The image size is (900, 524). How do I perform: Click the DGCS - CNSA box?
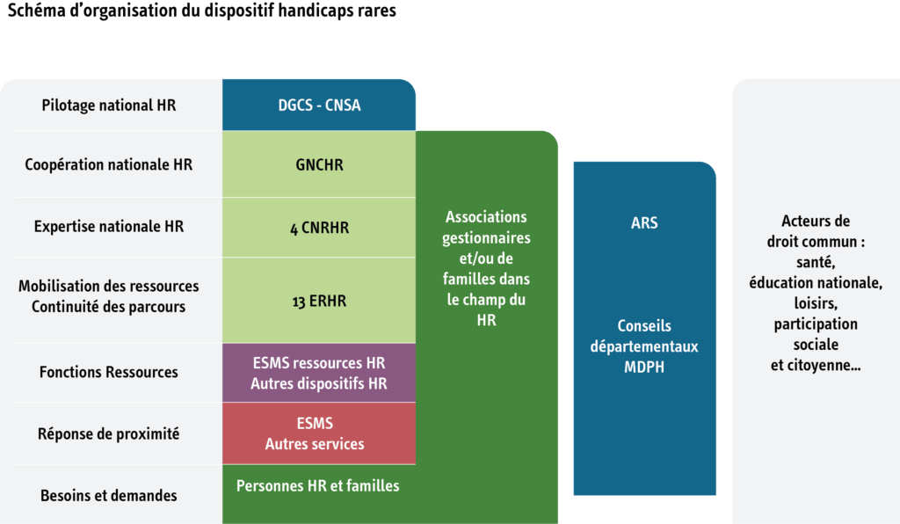[x=319, y=106]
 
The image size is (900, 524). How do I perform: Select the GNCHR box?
[x=319, y=164]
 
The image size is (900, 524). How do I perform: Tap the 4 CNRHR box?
[x=319, y=228]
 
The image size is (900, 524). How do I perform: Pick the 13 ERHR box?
[x=319, y=301]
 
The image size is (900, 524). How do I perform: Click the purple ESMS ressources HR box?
[x=319, y=373]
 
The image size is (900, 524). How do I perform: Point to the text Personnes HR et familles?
[x=318, y=485]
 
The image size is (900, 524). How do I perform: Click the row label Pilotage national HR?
[x=109, y=106]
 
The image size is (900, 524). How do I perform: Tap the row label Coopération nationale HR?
[x=109, y=164]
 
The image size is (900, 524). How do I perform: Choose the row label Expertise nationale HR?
[x=109, y=227]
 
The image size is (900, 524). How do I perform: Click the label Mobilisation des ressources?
[x=109, y=287]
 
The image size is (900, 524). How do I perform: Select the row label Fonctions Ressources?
[x=109, y=372]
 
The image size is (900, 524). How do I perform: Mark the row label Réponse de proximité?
[x=109, y=433]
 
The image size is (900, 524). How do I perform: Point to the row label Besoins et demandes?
[x=109, y=495]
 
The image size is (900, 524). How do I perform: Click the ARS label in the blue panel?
[x=644, y=223]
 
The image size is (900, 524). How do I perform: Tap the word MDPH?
[x=644, y=367]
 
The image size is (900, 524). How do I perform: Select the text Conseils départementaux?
[x=644, y=336]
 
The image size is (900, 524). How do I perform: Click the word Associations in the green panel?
[x=486, y=217]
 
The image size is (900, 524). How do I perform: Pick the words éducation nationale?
[x=816, y=282]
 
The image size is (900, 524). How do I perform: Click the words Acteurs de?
[x=816, y=222]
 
